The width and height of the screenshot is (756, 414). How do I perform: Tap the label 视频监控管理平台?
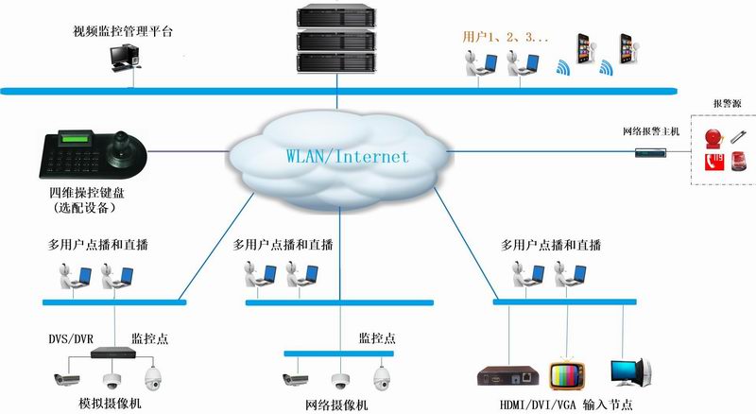123,31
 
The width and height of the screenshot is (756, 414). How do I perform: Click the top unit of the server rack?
335,17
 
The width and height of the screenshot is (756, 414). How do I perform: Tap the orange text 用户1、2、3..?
505,37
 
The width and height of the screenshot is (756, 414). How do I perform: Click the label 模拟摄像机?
110,405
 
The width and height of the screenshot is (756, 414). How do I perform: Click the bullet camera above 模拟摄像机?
69,380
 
